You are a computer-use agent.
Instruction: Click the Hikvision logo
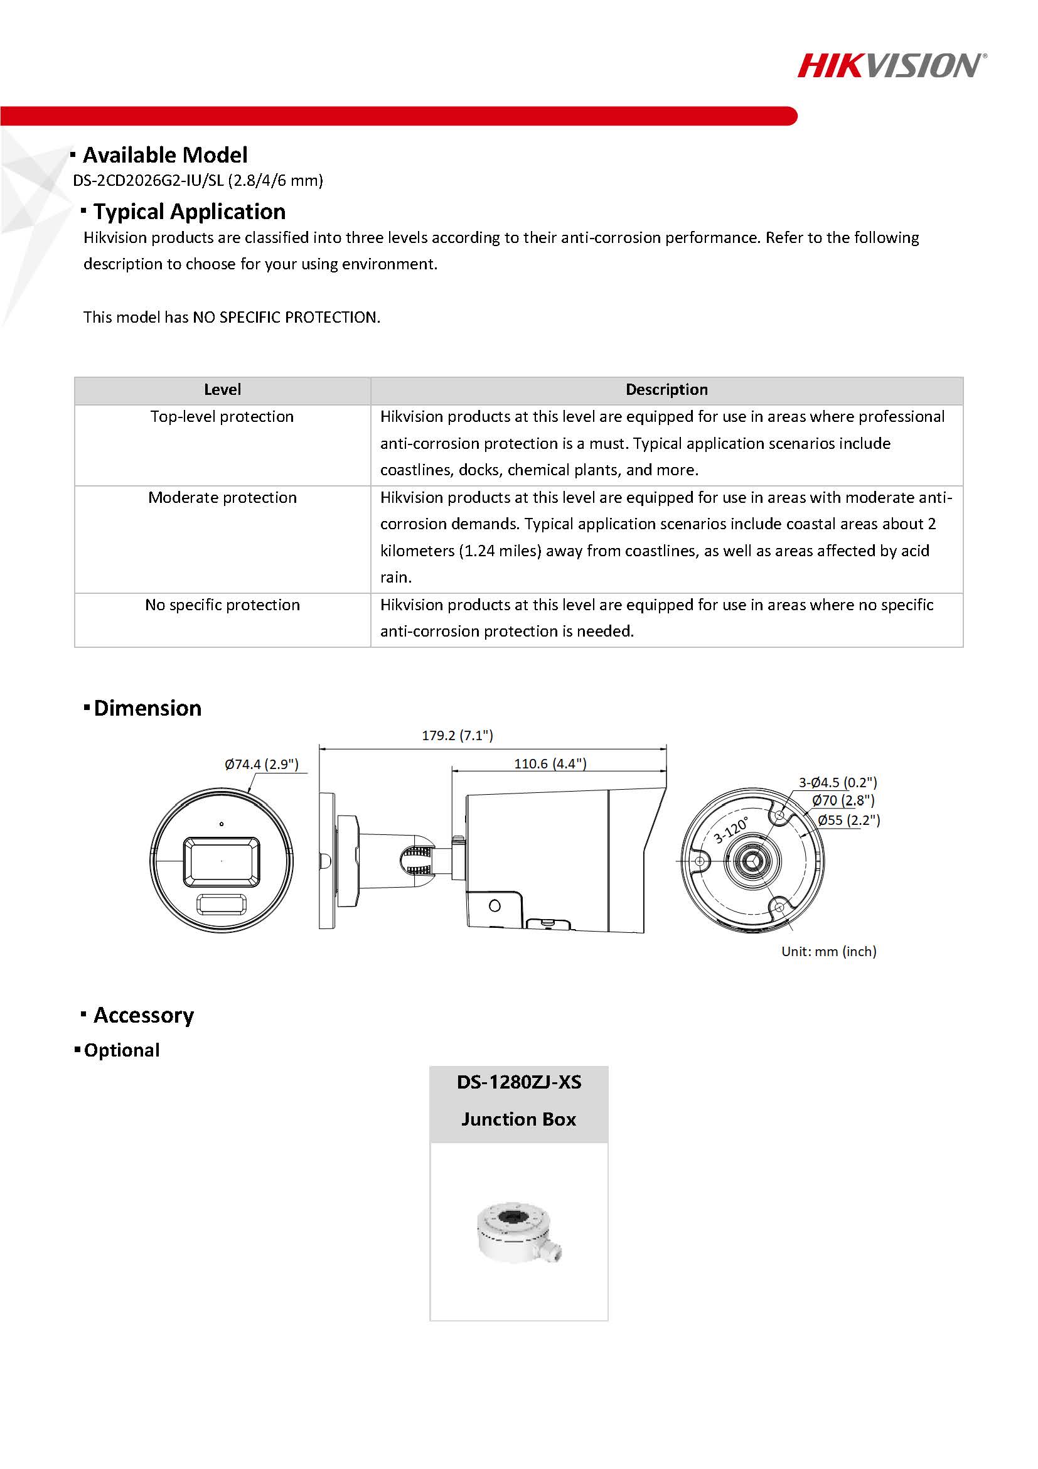(892, 66)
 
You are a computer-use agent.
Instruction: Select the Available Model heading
(164, 155)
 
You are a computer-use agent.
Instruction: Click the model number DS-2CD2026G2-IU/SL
(148, 180)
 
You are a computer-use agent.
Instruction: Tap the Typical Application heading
(190, 212)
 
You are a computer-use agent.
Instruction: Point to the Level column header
(222, 390)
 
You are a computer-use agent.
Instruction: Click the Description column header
(666, 390)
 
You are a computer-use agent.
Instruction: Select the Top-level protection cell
(222, 416)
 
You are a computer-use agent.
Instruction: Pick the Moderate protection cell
(222, 497)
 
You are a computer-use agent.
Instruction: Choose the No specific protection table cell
(222, 605)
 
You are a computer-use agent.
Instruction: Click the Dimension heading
(147, 708)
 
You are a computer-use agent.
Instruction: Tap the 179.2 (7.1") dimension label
(457, 735)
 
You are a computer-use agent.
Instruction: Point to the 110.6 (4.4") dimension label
(550, 763)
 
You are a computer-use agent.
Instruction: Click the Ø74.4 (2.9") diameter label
(262, 764)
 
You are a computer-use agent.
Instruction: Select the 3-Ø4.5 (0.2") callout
(838, 782)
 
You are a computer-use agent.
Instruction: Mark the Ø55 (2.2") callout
(848, 820)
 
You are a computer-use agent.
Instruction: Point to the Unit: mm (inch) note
(828, 951)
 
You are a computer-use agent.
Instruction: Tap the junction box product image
(518, 1232)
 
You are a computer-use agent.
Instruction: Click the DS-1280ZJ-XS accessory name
(518, 1082)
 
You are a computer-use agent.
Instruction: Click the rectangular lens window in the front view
(222, 861)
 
